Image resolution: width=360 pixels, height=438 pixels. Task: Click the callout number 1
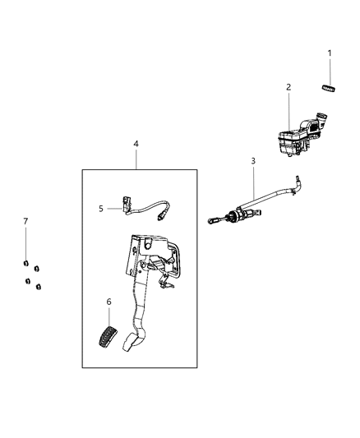tap(330, 54)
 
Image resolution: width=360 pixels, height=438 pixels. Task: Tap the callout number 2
tap(288, 87)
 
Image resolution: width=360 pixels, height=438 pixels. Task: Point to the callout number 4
tap(136, 144)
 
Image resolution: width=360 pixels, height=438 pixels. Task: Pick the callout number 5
tap(101, 209)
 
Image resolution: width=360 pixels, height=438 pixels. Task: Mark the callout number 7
tap(25, 222)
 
